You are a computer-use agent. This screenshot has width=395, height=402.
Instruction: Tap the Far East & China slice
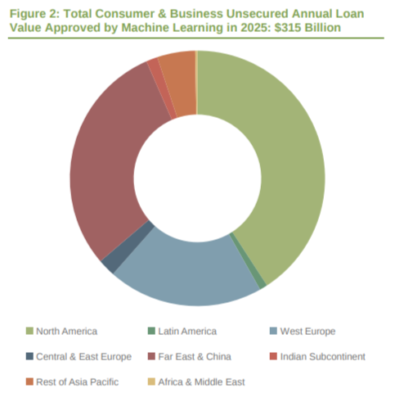tap(106, 164)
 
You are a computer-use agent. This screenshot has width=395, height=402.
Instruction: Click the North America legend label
tap(67, 331)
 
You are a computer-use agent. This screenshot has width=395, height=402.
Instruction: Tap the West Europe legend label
tap(307, 331)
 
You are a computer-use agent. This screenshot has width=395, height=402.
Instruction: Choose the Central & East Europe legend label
tap(83, 356)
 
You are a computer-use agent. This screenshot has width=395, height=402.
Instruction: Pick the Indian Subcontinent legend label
tap(322, 356)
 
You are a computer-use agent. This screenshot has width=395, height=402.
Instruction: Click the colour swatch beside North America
tap(29, 331)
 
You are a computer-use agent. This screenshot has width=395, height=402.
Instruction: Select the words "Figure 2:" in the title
tap(37, 12)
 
